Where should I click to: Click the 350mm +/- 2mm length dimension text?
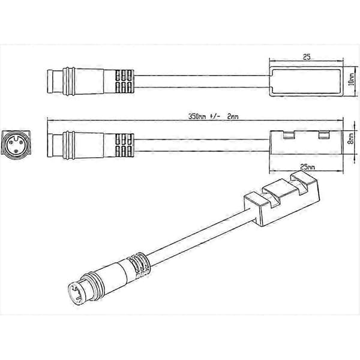coord(213,116)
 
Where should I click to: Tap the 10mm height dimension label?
coord(351,79)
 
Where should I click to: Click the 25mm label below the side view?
coord(307,167)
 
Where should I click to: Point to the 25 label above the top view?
coord(307,57)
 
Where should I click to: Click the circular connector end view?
coord(16,143)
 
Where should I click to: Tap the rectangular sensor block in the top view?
coord(306,81)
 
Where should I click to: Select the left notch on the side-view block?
coord(289,135)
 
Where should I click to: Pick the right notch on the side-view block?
coord(324,135)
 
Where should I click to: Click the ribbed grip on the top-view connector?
coord(124,81)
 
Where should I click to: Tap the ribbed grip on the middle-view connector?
coord(124,145)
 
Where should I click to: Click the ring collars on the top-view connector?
coord(69,81)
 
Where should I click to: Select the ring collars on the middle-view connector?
coord(69,145)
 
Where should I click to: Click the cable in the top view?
coord(202,81)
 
